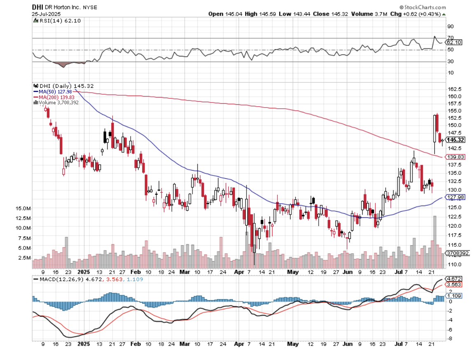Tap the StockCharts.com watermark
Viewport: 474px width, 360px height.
coord(422,7)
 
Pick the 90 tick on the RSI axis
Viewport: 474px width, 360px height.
coord(451,26)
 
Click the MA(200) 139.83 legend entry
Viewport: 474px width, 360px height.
coord(53,97)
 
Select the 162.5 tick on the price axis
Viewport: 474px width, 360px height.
coord(454,89)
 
